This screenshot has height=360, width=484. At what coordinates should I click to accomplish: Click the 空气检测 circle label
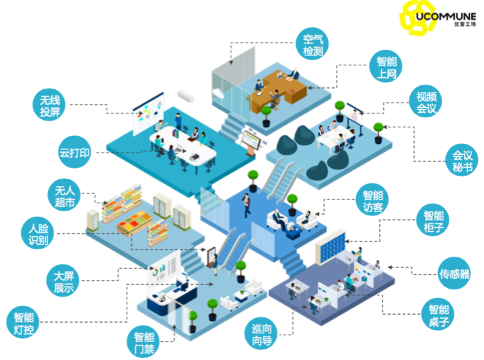(x=313, y=45)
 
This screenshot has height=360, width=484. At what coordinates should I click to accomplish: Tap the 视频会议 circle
(x=426, y=101)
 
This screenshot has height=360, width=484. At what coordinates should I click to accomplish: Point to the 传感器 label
(x=454, y=274)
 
